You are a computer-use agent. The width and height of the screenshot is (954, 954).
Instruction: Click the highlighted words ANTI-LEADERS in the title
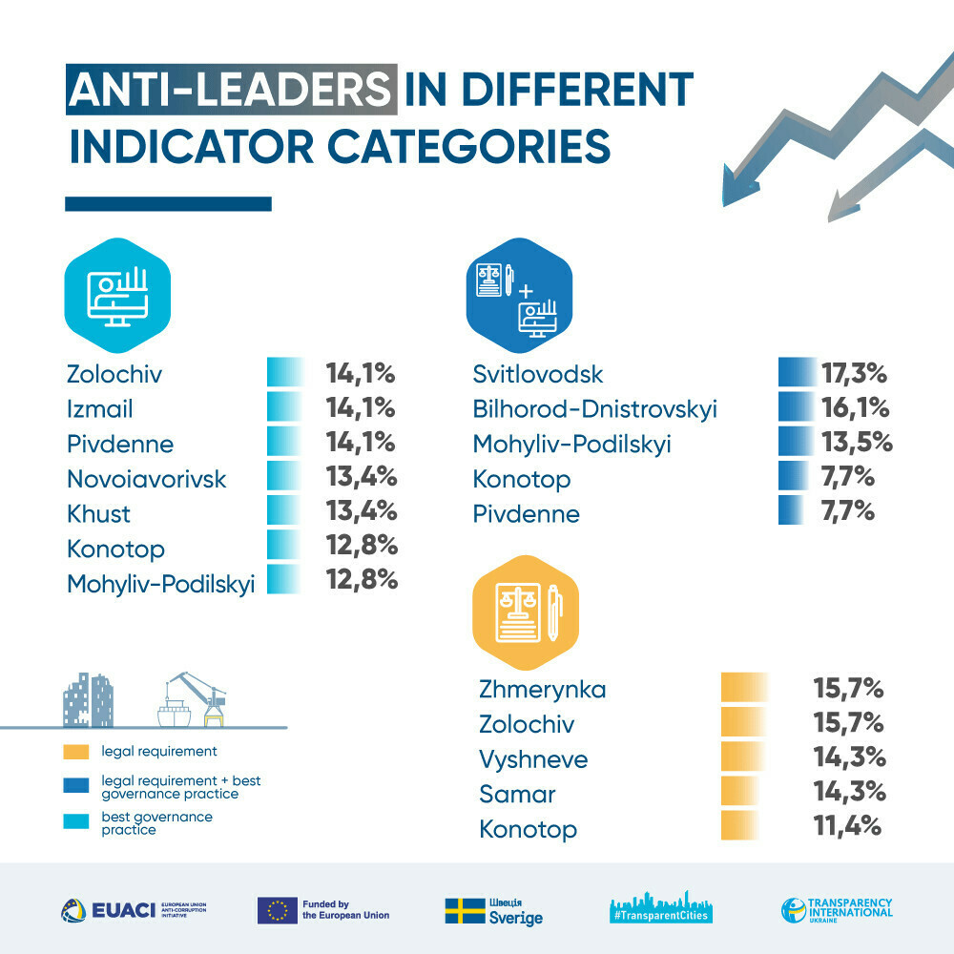pyautogui.click(x=230, y=91)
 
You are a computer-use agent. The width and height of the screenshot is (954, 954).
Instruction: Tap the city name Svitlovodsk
pyautogui.click(x=538, y=375)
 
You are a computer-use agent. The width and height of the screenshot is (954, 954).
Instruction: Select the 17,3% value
pyautogui.click(x=855, y=373)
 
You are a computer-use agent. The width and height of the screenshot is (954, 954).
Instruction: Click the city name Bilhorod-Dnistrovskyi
pyautogui.click(x=594, y=409)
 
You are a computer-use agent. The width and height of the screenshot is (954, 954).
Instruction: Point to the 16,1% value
pyautogui.click(x=855, y=408)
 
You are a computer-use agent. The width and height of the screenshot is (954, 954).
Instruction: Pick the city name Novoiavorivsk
pyautogui.click(x=147, y=478)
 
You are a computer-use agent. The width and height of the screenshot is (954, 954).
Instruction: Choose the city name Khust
pyautogui.click(x=98, y=513)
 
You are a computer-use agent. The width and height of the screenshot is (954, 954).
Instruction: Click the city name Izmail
pyautogui.click(x=100, y=409)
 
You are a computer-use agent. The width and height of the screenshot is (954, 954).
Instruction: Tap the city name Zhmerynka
pyautogui.click(x=543, y=689)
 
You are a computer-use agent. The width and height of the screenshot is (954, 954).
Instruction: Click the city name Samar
pyautogui.click(x=517, y=794)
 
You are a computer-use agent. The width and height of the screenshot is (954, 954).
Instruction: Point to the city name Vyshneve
pyautogui.click(x=533, y=759)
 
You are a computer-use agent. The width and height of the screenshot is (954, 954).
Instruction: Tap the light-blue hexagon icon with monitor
pyautogui.click(x=117, y=288)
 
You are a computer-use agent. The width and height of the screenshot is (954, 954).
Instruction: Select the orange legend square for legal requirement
pyautogui.click(x=75, y=752)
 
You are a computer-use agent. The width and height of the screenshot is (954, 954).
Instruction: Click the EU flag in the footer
pyautogui.click(x=277, y=910)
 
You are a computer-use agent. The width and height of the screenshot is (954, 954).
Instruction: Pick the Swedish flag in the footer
pyautogui.click(x=465, y=910)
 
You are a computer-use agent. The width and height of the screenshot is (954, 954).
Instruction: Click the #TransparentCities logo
pyautogui.click(x=662, y=910)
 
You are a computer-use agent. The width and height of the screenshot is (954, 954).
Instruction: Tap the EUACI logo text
pyautogui.click(x=125, y=910)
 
